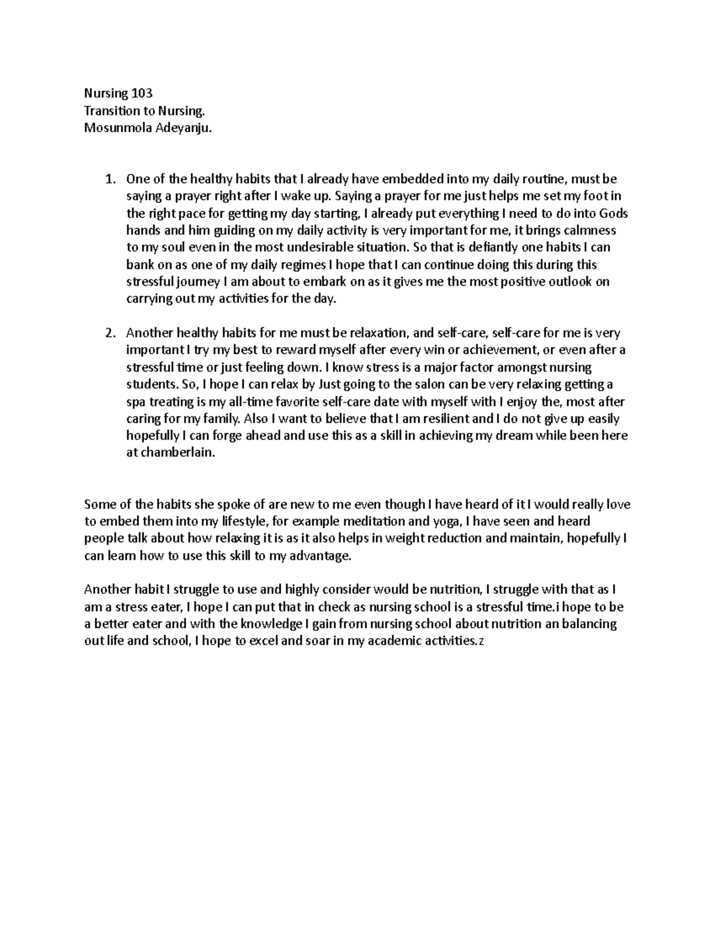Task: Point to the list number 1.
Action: coord(108,179)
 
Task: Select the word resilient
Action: coord(441,419)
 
